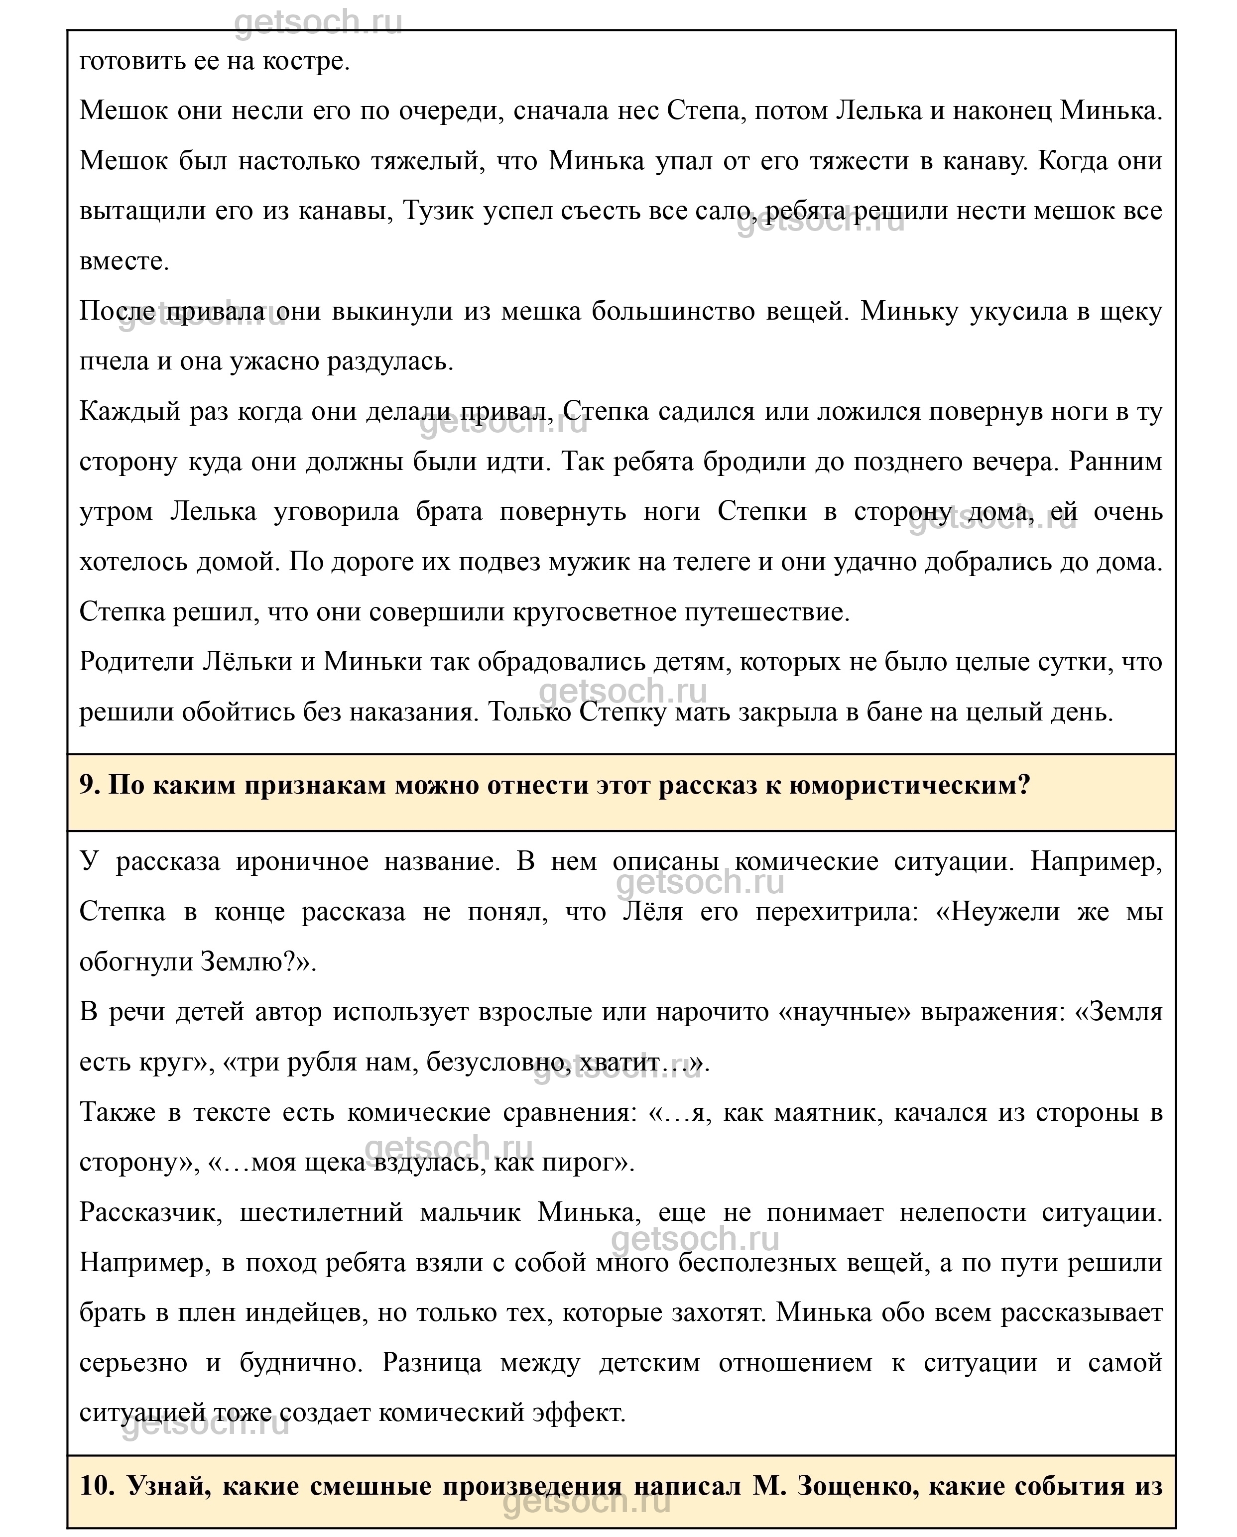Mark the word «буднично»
300,1362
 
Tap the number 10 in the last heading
96,1486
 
